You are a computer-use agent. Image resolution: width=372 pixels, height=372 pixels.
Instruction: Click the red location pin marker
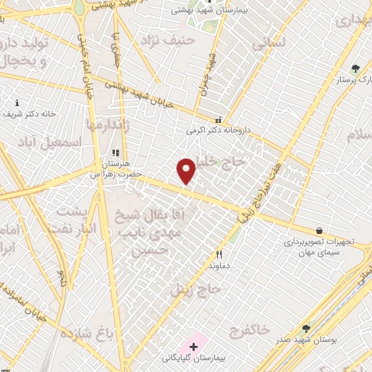187,171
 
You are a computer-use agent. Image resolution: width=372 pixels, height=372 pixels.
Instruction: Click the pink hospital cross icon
193,346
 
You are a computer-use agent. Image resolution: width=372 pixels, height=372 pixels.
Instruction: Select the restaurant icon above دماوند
219,254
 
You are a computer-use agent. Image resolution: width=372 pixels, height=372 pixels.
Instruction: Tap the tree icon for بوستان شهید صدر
306,328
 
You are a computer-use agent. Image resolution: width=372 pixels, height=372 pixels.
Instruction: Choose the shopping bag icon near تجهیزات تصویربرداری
319,230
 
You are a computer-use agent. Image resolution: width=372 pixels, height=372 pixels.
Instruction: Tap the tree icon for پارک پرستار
355,68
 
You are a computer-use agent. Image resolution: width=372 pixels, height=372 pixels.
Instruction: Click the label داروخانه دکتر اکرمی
217,131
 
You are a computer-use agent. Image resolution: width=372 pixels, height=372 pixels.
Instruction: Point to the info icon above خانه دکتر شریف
17,103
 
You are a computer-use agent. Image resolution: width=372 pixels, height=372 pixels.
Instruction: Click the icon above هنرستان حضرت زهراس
114,153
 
